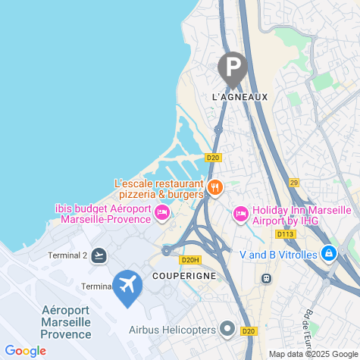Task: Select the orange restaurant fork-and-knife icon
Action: [x=215, y=188]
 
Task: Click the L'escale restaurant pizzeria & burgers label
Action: [x=159, y=189]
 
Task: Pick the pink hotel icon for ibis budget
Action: [x=161, y=214]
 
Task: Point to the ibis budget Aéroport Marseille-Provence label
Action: [x=104, y=214]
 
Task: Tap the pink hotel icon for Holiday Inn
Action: [x=240, y=214]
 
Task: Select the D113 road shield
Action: [x=285, y=234]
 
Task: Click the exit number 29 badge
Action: [x=294, y=183]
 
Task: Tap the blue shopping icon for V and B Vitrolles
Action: [x=329, y=254]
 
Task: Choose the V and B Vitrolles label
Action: [x=277, y=255]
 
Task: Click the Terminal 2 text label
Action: [x=68, y=255]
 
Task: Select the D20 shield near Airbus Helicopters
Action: [x=249, y=330]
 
